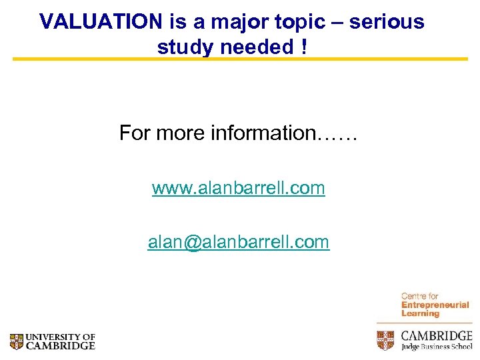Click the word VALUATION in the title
pyautogui.click(x=100, y=22)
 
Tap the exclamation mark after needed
pyautogui.click(x=304, y=47)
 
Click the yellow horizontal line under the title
pyautogui.click(x=240, y=59)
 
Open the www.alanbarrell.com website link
pyautogui.click(x=238, y=189)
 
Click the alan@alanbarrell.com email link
pyautogui.click(x=238, y=242)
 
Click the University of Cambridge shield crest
pyautogui.click(x=17, y=342)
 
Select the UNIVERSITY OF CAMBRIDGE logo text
pyautogui.click(x=61, y=342)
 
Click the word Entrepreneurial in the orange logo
pyautogui.click(x=435, y=305)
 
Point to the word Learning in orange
pyautogui.click(x=420, y=313)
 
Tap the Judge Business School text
pyautogui.click(x=437, y=347)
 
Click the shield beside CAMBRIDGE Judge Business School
pyautogui.click(x=386, y=340)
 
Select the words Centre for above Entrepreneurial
pyautogui.click(x=420, y=296)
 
